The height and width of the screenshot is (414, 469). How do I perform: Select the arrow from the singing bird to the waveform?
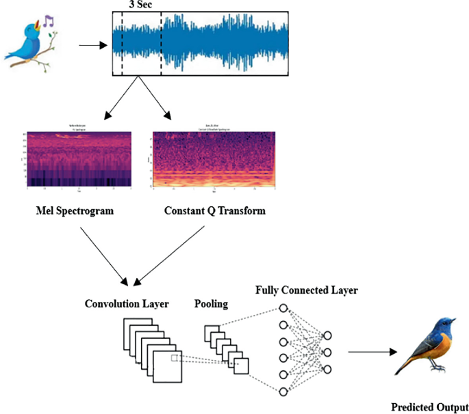coord(93,46)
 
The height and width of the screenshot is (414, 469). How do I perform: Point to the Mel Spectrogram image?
coord(75,159)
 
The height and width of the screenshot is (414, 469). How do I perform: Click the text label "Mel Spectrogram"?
coord(74,211)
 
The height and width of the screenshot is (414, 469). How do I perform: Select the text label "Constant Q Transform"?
coord(214,211)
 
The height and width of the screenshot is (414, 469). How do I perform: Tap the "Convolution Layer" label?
coord(128,303)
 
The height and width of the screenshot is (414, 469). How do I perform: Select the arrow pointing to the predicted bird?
coord(372,353)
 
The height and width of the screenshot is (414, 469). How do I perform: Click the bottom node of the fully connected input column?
coord(282,390)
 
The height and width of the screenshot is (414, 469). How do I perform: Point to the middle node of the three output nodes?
coord(327,353)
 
